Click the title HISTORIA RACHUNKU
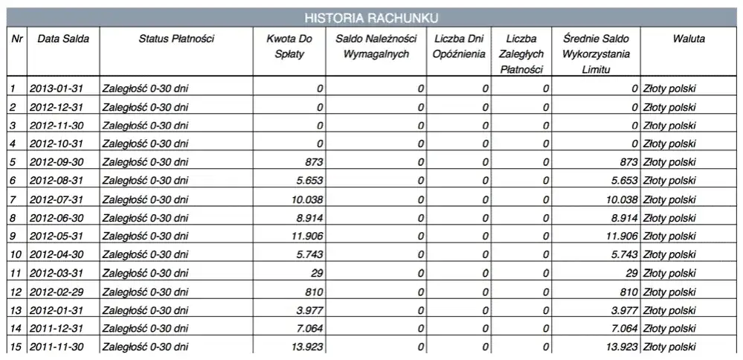371,17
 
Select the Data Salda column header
63,39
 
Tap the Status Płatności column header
176,39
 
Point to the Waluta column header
688,39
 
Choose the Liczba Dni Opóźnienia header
459,46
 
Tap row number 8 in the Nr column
13,218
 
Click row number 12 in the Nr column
14,291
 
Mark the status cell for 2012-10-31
145,144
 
